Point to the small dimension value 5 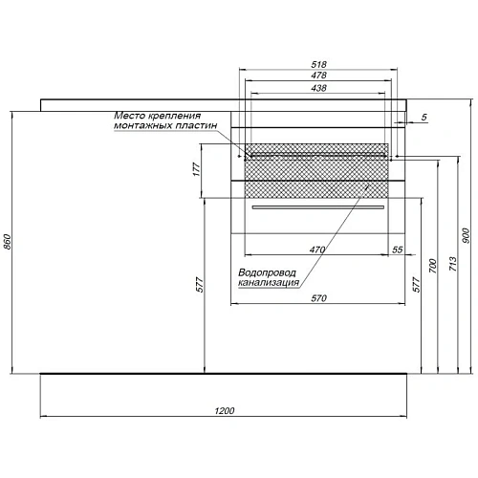pos(423,117)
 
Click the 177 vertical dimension pos(196,169)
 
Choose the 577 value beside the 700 pos(416,284)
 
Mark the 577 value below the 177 pos(196,284)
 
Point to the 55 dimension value pos(397,250)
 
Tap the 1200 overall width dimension pos(224,410)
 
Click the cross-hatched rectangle pos(316,175)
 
